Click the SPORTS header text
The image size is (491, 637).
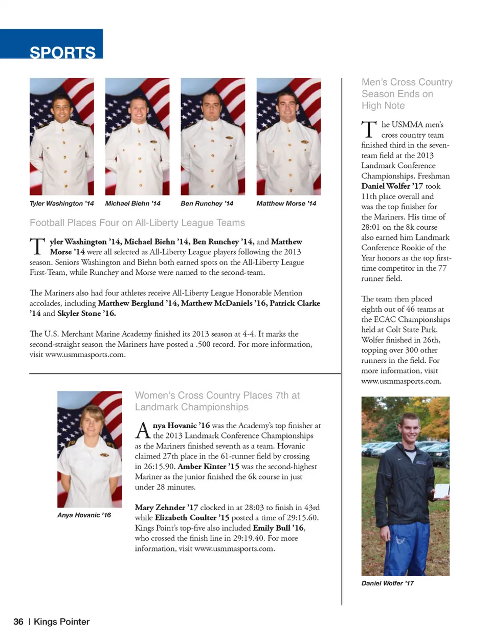(x=62, y=52)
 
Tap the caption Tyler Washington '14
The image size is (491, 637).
(x=62, y=204)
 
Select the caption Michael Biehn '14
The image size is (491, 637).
(x=132, y=204)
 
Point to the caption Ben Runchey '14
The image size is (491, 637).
(x=207, y=204)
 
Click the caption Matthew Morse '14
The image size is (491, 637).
(x=286, y=204)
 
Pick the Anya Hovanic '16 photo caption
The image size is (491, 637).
(x=84, y=515)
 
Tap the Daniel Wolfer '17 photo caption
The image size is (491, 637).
(x=387, y=583)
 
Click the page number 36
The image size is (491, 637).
(x=18, y=622)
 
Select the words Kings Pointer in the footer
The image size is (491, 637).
(x=61, y=622)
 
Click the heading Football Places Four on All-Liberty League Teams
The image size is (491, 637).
(x=137, y=223)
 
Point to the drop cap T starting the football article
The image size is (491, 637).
(x=37, y=246)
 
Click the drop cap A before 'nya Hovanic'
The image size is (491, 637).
(x=143, y=430)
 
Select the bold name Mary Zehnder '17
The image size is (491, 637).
(x=166, y=508)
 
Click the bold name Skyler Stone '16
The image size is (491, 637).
(x=86, y=314)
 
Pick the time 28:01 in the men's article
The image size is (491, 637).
(x=370, y=227)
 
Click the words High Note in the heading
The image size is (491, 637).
(x=383, y=106)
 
